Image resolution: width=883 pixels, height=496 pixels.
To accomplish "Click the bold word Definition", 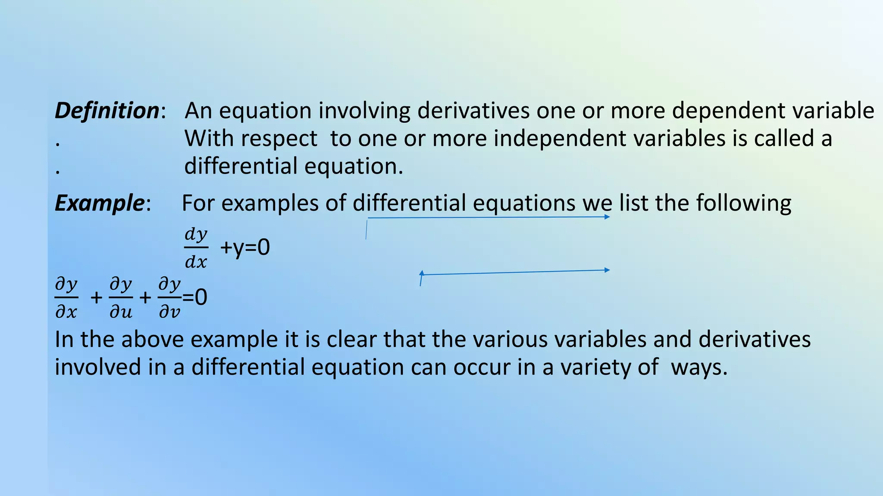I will [107, 111].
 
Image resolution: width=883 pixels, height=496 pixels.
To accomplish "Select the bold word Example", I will [100, 203].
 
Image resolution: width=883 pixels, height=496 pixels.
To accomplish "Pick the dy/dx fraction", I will [196, 248].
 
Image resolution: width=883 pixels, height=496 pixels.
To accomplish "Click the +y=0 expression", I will [245, 248].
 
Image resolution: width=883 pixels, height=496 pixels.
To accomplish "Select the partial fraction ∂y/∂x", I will [66, 298].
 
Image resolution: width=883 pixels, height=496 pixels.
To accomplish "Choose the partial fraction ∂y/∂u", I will [121, 298].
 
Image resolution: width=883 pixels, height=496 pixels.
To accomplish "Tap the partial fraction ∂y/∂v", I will [170, 298].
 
